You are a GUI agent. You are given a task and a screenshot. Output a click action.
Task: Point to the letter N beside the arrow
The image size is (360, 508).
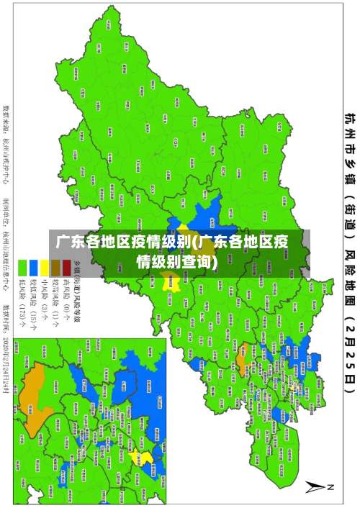(331, 487)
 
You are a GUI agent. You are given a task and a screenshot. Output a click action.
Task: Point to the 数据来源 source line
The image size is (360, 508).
(8, 144)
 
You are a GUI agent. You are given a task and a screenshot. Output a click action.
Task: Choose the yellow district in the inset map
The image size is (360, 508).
(146, 458)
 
